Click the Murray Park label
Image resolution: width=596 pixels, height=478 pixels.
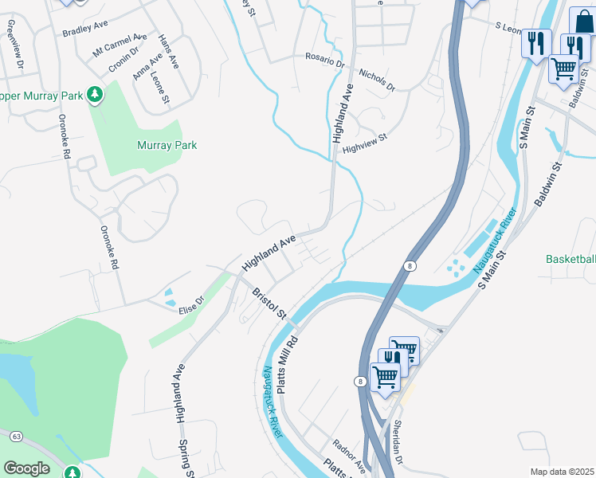coord(167,146)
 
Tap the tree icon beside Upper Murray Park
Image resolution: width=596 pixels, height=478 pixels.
coord(95,96)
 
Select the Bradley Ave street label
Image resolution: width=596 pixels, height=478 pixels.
coord(84,31)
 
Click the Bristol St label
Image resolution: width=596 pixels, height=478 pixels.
coord(269,304)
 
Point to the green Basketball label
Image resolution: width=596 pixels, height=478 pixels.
coord(570,259)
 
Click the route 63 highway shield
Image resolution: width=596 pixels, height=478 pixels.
coord(16,436)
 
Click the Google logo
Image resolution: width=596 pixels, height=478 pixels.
coord(27,468)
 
